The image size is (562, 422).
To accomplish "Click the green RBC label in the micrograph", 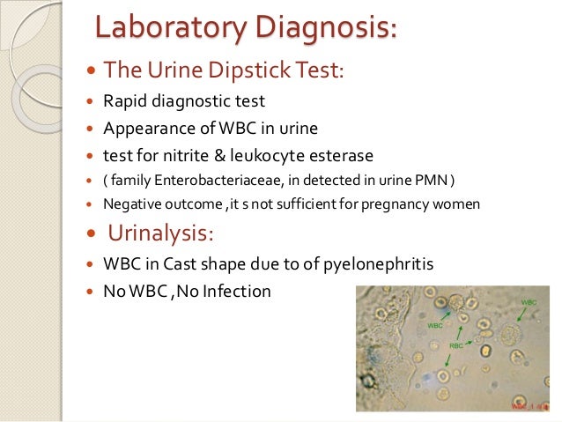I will [455, 346].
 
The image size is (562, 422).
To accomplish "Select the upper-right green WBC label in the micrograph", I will [528, 302].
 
